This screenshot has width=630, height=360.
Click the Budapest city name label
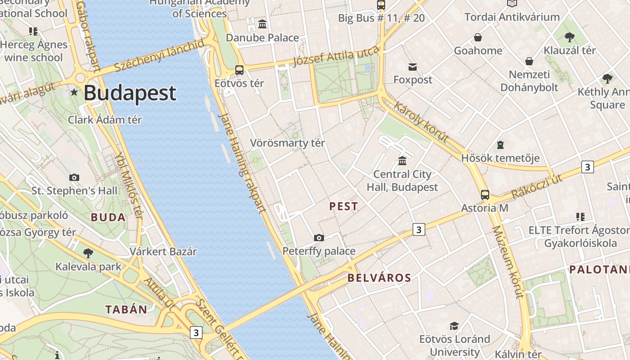click(130, 93)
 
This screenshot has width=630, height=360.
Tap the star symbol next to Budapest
click(74, 93)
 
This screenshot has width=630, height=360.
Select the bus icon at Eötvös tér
click(239, 70)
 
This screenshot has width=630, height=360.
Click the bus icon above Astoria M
click(485, 195)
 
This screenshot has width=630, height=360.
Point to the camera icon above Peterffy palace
click(319, 238)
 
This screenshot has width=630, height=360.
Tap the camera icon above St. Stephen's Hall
click(74, 178)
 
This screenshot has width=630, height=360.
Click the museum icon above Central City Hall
click(402, 161)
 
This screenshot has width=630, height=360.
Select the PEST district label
click(344, 207)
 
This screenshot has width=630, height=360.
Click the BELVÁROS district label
click(379, 278)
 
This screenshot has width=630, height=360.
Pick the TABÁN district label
click(126, 310)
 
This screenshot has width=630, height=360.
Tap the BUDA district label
click(108, 218)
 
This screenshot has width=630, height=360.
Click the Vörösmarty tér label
click(287, 143)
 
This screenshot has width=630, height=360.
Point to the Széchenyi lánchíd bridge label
click(159, 56)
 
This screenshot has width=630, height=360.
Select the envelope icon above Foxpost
click(413, 67)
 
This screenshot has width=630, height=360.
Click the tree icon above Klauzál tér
click(570, 37)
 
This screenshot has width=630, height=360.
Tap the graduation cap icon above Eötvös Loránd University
click(454, 326)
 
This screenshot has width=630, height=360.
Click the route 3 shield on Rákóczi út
click(587, 167)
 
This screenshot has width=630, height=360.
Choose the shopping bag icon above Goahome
click(478, 37)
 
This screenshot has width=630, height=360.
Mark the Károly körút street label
click(421, 121)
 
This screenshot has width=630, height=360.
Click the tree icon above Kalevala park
click(88, 253)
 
